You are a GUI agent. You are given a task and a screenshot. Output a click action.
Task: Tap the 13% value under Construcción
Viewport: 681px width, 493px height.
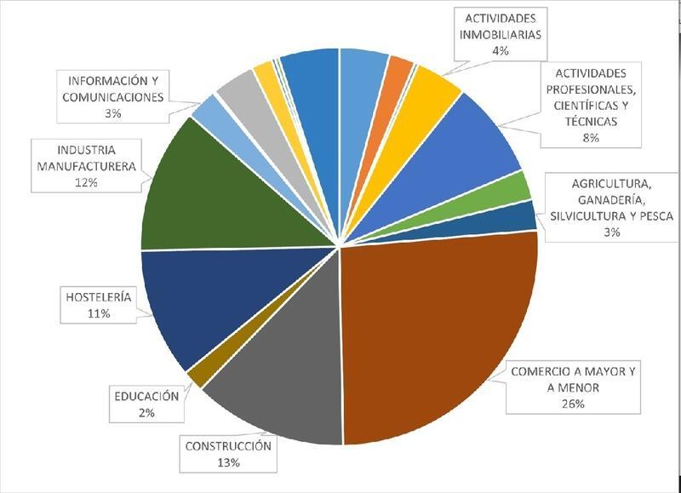[x=227, y=461]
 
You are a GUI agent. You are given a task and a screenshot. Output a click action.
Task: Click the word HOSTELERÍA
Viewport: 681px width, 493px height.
[x=99, y=297]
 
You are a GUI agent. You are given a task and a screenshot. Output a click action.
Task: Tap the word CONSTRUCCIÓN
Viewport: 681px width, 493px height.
[x=227, y=445]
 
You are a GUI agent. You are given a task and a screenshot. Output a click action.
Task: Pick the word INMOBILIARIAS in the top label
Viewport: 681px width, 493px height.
[x=500, y=35]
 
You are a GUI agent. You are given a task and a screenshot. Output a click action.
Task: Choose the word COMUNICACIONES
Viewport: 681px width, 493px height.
[x=113, y=98]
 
